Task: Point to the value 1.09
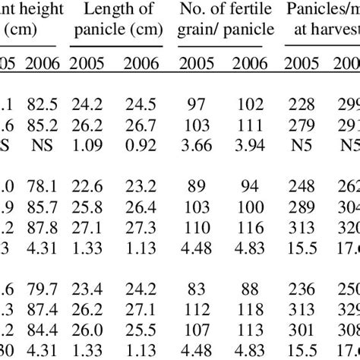tap(87, 141)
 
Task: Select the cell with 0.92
tap(142, 141)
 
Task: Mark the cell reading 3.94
tap(250, 141)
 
